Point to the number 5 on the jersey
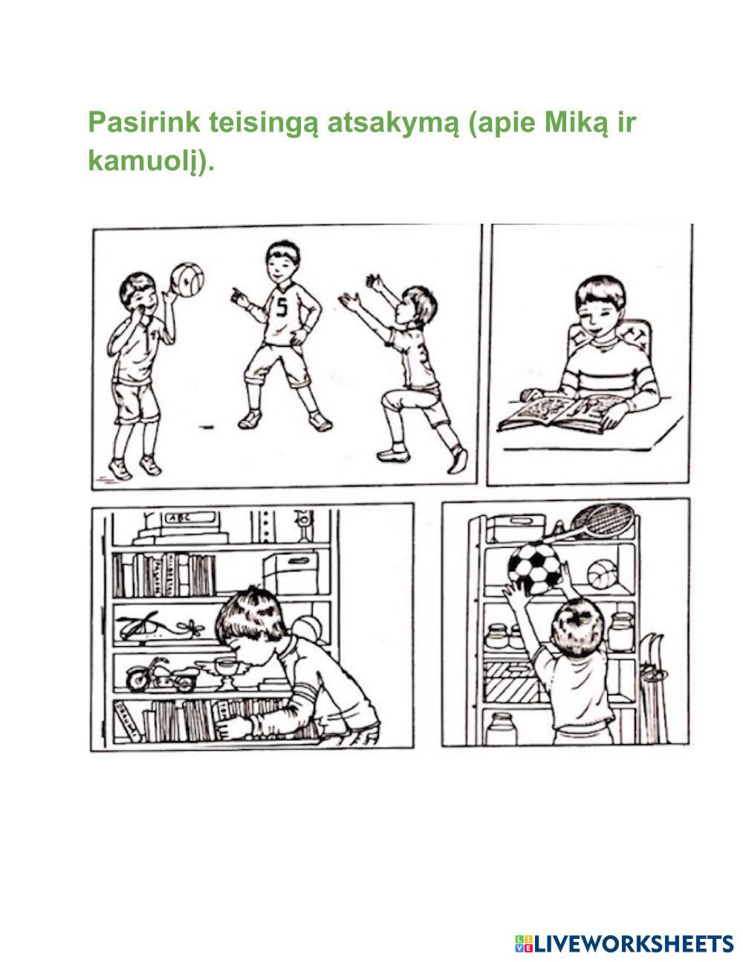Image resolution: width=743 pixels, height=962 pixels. coord(282,307)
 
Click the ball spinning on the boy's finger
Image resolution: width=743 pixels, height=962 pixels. coord(187,280)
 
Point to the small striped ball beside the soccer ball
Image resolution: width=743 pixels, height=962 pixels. coord(603,574)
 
